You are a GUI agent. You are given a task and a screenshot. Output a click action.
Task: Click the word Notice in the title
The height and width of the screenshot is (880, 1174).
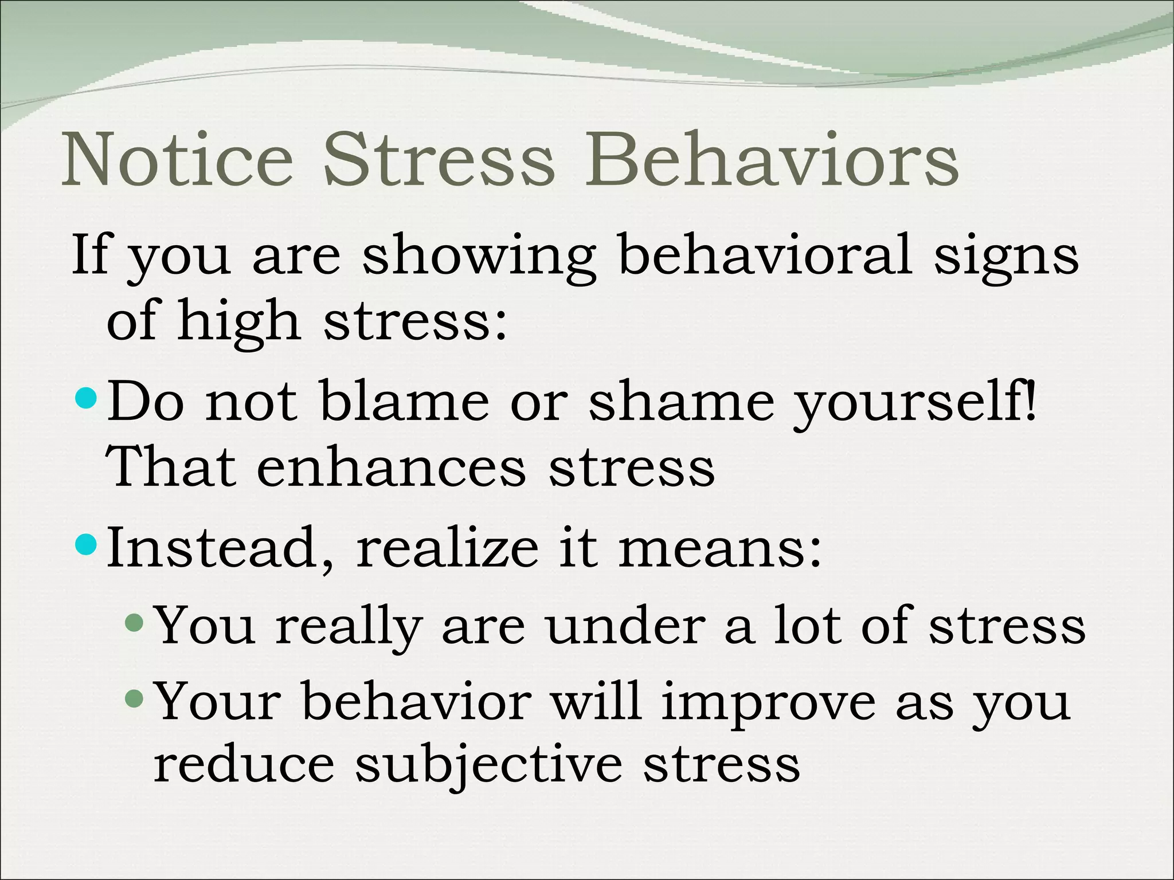pos(178,160)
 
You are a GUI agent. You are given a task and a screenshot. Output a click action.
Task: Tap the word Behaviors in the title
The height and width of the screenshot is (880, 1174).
pos(771,160)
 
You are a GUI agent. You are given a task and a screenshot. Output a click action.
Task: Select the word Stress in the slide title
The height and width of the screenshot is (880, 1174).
pos(439,160)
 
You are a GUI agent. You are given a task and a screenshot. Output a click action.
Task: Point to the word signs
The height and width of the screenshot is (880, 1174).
pos(1006,258)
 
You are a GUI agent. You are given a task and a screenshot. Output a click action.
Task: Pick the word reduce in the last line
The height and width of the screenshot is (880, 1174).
pos(244,765)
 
